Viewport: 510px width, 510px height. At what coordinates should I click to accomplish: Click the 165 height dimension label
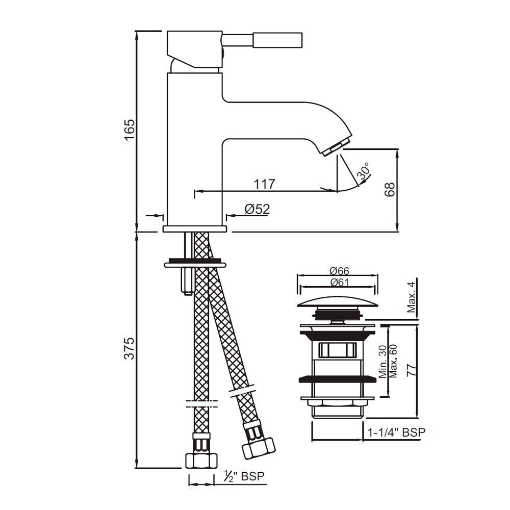[130, 130]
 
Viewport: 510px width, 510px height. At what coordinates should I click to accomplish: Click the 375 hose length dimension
[130, 348]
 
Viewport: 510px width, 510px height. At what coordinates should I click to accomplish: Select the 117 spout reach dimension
[264, 184]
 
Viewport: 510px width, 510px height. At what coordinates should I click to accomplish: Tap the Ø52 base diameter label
[258, 209]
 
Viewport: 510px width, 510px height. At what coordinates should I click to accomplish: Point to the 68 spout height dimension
[389, 189]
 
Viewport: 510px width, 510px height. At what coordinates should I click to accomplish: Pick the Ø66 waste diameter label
[339, 271]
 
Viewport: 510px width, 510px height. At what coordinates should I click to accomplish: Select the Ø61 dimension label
[339, 283]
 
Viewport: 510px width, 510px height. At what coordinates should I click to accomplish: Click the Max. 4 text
[412, 297]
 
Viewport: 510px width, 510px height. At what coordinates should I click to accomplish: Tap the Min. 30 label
[383, 362]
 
